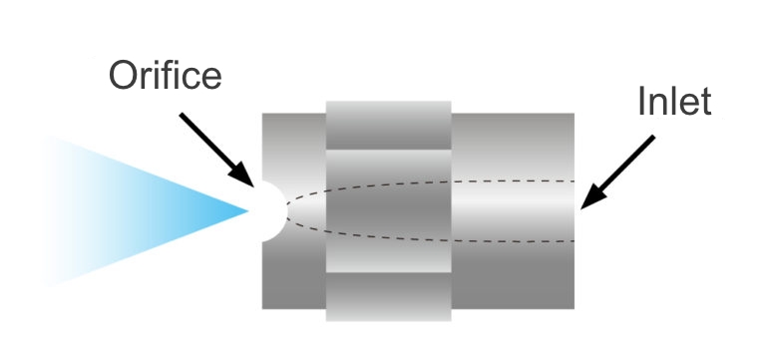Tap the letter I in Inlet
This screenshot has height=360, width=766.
(x=641, y=102)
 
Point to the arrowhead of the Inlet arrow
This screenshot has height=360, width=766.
(x=583, y=205)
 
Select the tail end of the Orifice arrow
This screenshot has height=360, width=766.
(x=181, y=115)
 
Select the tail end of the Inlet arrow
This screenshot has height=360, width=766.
(x=654, y=139)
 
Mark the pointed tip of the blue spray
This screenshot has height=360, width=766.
(x=247, y=210)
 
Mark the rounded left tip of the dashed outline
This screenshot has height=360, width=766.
(x=288, y=210)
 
